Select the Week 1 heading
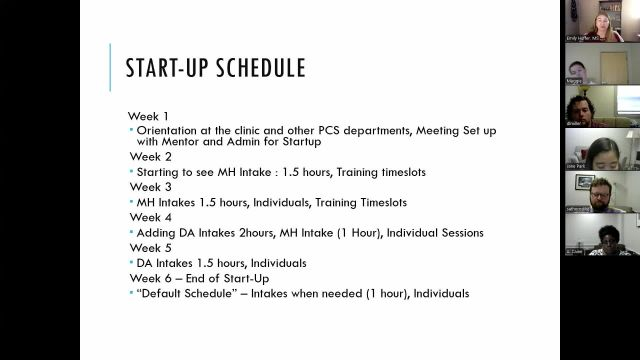click(x=149, y=116)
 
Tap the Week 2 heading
click(x=149, y=157)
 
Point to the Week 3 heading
click(x=149, y=187)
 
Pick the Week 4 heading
click(x=149, y=217)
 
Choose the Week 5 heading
click(x=149, y=247)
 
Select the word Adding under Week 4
click(x=157, y=232)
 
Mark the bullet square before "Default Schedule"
click(x=131, y=293)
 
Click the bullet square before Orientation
click(x=131, y=131)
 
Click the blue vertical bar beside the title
click(x=110, y=67)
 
